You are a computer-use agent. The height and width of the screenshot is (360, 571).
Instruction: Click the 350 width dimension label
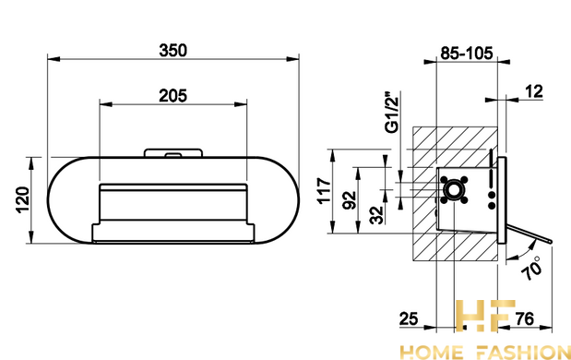click(x=173, y=51)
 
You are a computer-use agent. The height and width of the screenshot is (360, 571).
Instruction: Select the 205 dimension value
click(x=173, y=96)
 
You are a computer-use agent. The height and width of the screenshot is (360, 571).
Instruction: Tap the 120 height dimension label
click(x=22, y=200)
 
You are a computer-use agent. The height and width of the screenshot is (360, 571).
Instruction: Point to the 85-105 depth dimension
click(x=467, y=54)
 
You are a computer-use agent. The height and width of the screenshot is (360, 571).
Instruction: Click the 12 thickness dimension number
click(x=534, y=91)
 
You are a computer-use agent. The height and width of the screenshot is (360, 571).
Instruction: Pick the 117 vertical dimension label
click(x=325, y=190)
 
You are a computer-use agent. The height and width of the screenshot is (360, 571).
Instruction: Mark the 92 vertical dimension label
click(x=350, y=200)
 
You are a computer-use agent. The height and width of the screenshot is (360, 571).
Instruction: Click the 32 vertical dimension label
click(x=377, y=215)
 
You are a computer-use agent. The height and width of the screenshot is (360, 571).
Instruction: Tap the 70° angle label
click(x=531, y=268)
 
